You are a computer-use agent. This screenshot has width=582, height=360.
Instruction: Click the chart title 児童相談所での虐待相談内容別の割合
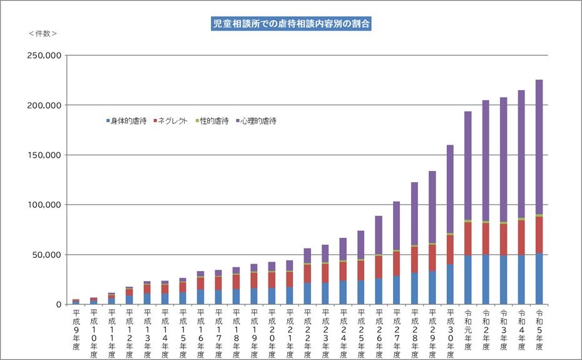point(290,24)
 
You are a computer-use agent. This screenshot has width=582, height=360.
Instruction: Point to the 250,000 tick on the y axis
point(43,55)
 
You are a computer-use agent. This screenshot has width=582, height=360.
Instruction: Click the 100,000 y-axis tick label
point(43,205)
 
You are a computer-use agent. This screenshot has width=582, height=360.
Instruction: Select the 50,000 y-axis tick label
point(46,255)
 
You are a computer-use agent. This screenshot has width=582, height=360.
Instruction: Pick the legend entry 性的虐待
point(212,121)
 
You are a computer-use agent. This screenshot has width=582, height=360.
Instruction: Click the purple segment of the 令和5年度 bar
point(539,147)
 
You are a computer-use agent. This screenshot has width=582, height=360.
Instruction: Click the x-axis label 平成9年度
point(76,329)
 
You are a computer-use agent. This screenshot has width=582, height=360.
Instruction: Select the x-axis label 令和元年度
point(468,329)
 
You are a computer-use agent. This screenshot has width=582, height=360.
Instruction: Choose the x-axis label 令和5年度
point(539,329)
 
